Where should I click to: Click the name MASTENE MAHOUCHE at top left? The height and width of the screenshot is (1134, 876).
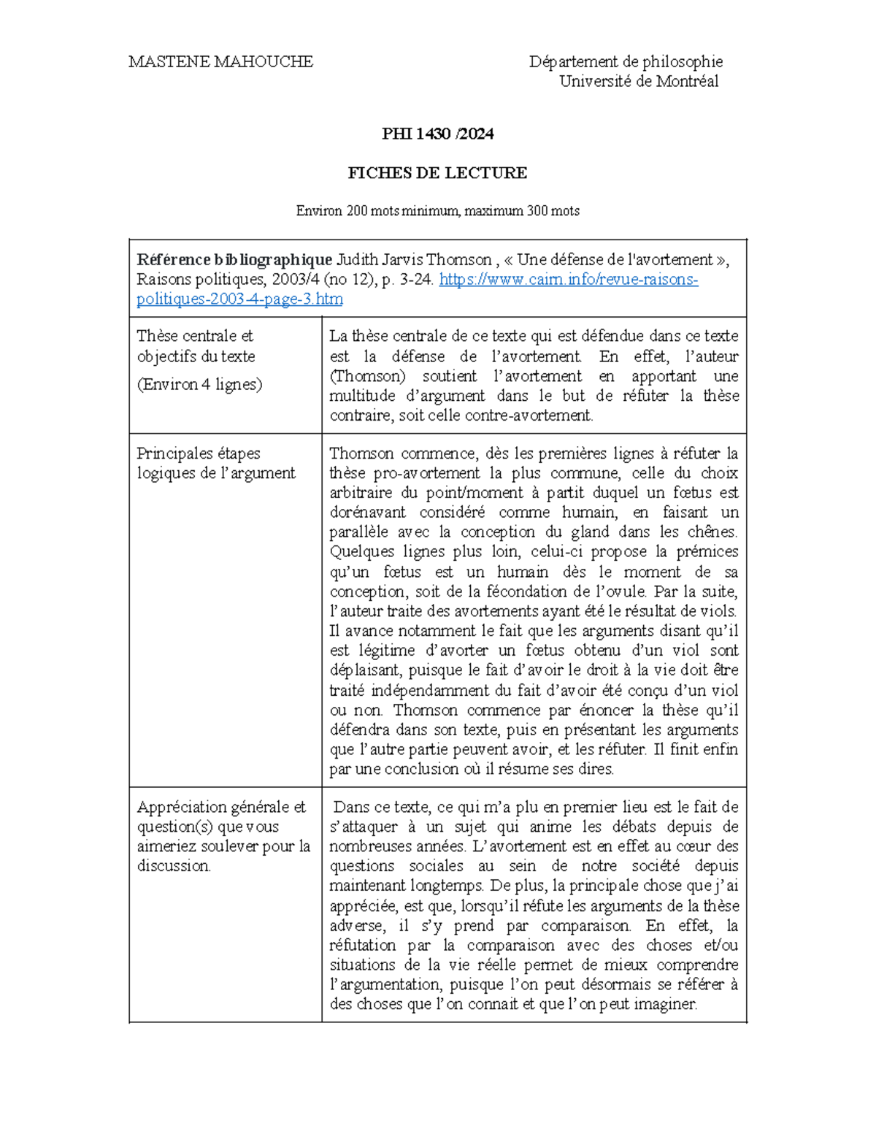pyautogui.click(x=220, y=62)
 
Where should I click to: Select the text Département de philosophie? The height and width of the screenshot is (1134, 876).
pyautogui.click(x=626, y=62)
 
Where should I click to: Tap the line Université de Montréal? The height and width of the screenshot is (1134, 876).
pyautogui.click(x=639, y=82)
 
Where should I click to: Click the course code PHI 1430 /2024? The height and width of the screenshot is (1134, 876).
pyautogui.click(x=437, y=134)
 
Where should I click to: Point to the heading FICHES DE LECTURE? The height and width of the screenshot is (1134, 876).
pyautogui.click(x=437, y=173)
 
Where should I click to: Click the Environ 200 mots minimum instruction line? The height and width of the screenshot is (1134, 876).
pyautogui.click(x=437, y=211)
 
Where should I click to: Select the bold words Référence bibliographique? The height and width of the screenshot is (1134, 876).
pyautogui.click(x=234, y=260)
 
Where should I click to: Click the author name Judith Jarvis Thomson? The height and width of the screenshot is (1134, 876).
pyautogui.click(x=413, y=260)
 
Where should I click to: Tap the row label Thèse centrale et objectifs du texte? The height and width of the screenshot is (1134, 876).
pyautogui.click(x=196, y=346)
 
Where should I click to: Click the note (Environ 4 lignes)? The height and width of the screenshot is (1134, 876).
pyautogui.click(x=199, y=384)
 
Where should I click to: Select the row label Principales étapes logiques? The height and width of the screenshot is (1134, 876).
pyautogui.click(x=215, y=463)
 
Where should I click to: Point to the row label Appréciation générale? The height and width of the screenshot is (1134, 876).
pyautogui.click(x=221, y=807)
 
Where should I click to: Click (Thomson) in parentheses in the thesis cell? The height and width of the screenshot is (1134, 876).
pyautogui.click(x=367, y=376)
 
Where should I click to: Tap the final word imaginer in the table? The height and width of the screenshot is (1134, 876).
pyautogui.click(x=665, y=1005)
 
